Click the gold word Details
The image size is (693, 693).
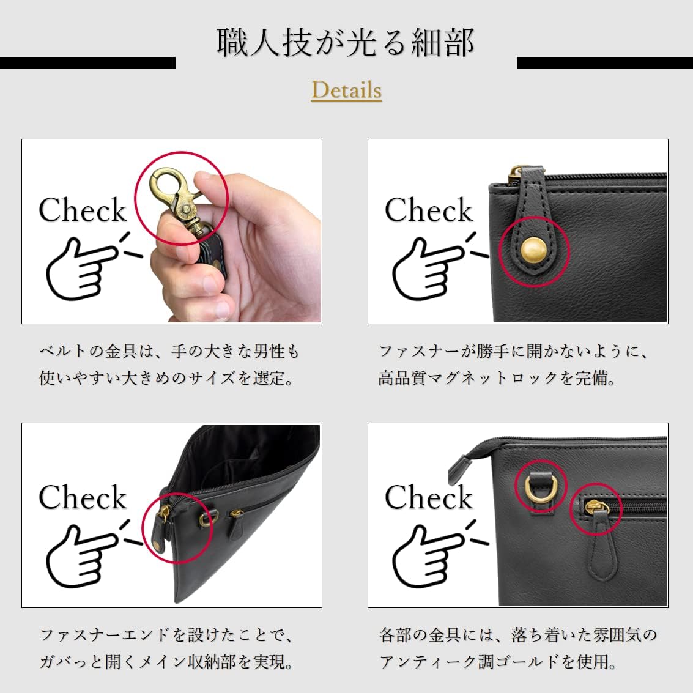tap(346, 90)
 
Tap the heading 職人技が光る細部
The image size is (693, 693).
tap(346, 43)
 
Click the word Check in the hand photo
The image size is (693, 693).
tap(83, 210)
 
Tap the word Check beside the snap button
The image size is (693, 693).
tap(429, 210)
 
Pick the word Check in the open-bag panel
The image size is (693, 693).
tap(83, 497)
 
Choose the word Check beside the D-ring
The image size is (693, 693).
tap(429, 497)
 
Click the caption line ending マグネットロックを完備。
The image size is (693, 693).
tap(497, 378)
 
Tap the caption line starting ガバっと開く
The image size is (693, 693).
tap(167, 662)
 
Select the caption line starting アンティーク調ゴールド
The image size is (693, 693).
tap(498, 662)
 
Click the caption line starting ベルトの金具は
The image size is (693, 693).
tap(169, 352)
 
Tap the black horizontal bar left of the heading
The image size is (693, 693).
tap(87, 62)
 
